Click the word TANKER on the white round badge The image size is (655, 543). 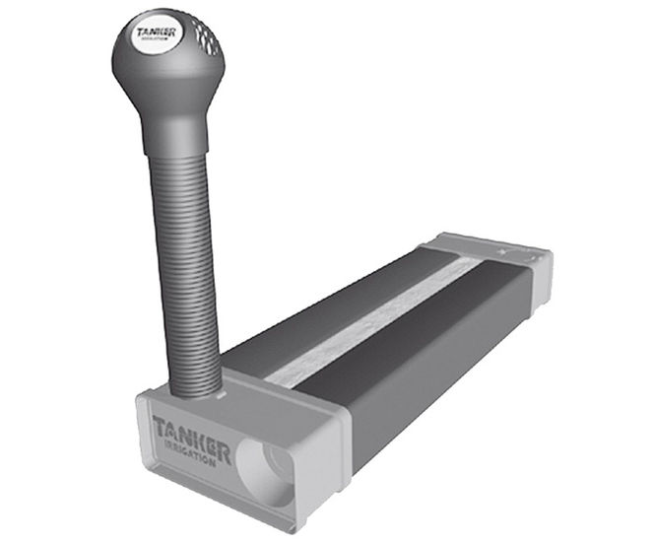point(157,33)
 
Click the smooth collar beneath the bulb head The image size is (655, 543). point(175,134)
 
